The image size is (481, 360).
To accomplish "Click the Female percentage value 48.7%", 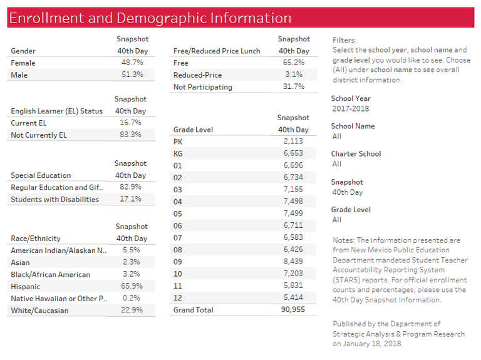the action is pyautogui.click(x=132, y=63).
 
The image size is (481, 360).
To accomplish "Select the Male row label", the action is pyautogui.click(x=19, y=75).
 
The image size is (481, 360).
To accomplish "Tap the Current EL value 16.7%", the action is pyautogui.click(x=130, y=123).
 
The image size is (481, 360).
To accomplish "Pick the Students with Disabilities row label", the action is pyautogui.click(x=54, y=199).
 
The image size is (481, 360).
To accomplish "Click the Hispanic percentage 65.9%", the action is pyautogui.click(x=132, y=286).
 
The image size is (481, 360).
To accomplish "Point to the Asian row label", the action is pyautogui.click(x=20, y=262).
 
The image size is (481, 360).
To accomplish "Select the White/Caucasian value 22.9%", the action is pyautogui.click(x=132, y=310).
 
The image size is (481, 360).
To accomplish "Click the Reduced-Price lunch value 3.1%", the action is pyautogui.click(x=294, y=75).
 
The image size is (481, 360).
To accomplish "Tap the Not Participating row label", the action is pyautogui.click(x=203, y=87).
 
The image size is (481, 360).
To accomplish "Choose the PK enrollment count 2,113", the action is pyautogui.click(x=293, y=141).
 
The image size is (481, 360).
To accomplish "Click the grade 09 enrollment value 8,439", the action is pyautogui.click(x=293, y=261).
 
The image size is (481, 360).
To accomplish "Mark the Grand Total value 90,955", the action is pyautogui.click(x=293, y=309).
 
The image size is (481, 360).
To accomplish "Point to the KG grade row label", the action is pyautogui.click(x=178, y=153).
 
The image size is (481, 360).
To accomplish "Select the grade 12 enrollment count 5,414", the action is pyautogui.click(x=293, y=297).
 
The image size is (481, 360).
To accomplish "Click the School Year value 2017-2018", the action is pyautogui.click(x=351, y=108).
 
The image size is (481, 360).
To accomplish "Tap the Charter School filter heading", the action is pyautogui.click(x=356, y=153).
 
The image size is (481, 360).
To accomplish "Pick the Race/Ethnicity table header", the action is pyautogui.click(x=36, y=239).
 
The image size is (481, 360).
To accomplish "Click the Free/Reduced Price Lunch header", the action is pyautogui.click(x=217, y=51).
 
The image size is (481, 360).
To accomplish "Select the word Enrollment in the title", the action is pyautogui.click(x=46, y=18).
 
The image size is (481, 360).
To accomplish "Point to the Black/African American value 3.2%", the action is pyautogui.click(x=132, y=274).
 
